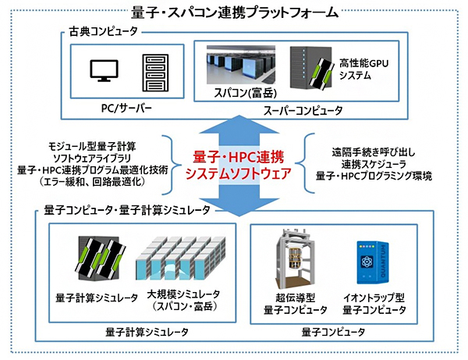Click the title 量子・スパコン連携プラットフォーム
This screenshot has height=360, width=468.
coord(234,12)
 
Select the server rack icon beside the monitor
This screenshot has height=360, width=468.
coord(155,73)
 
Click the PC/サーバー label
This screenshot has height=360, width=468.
coord(129,105)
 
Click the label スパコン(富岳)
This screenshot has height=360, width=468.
coord(240,94)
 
